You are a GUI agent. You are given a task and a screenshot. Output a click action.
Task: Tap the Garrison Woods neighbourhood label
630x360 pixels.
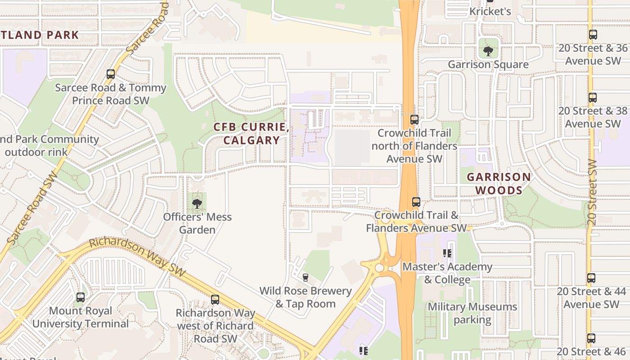click(x=499, y=184)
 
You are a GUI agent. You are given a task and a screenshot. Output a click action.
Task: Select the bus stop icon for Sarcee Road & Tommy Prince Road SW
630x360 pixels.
click(x=111, y=74)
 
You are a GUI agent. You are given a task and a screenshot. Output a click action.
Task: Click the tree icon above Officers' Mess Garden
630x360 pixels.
click(x=197, y=204)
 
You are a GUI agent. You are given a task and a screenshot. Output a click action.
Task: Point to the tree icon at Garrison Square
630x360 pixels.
click(x=488, y=51)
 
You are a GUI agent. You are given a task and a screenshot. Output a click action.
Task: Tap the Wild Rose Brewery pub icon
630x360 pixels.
click(x=306, y=277)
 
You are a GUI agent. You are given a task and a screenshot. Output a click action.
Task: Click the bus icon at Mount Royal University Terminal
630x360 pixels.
click(x=81, y=297)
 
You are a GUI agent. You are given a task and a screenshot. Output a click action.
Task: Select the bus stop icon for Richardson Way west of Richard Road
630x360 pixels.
click(x=215, y=299)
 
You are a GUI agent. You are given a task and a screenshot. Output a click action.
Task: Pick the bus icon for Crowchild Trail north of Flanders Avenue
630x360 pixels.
click(x=414, y=120)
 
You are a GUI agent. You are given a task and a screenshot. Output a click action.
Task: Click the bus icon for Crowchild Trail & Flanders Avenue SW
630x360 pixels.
click(x=416, y=202)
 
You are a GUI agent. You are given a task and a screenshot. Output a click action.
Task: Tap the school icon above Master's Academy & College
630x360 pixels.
click(x=447, y=253)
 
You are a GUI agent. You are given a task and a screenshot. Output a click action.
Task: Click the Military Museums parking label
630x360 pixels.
click(x=472, y=313)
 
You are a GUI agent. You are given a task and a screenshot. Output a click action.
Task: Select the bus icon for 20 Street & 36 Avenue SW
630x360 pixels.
click(x=593, y=34)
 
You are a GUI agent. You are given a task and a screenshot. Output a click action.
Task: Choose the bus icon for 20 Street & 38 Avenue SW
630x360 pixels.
click(x=593, y=97)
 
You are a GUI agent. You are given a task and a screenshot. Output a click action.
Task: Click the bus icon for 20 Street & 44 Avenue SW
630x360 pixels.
click(x=591, y=278)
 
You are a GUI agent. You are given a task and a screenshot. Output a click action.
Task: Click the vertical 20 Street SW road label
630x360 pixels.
click(x=592, y=192)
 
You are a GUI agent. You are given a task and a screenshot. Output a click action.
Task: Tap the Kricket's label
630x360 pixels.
click(x=490, y=11)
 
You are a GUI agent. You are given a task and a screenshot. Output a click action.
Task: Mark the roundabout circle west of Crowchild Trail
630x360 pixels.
click(x=379, y=268)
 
